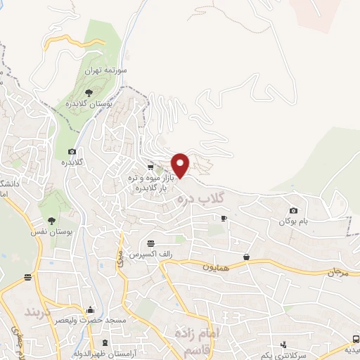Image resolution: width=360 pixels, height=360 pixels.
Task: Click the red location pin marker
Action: [x=181, y=165]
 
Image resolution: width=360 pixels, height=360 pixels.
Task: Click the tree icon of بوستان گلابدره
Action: [x=88, y=92]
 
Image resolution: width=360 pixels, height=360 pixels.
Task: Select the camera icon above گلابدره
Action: [x=72, y=152]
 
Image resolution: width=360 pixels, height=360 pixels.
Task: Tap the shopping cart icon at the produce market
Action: [x=150, y=167]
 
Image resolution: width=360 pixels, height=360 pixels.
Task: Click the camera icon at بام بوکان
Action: [x=293, y=210]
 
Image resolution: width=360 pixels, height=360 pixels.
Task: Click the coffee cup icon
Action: [x=224, y=219]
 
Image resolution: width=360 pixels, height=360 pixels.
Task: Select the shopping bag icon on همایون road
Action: [x=247, y=257]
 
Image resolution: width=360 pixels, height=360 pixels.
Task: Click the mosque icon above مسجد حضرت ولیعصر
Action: [x=90, y=309]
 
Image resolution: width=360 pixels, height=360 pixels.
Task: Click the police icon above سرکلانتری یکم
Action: [x=283, y=345]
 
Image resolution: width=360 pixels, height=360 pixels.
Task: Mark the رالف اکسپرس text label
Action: [x=152, y=253]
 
